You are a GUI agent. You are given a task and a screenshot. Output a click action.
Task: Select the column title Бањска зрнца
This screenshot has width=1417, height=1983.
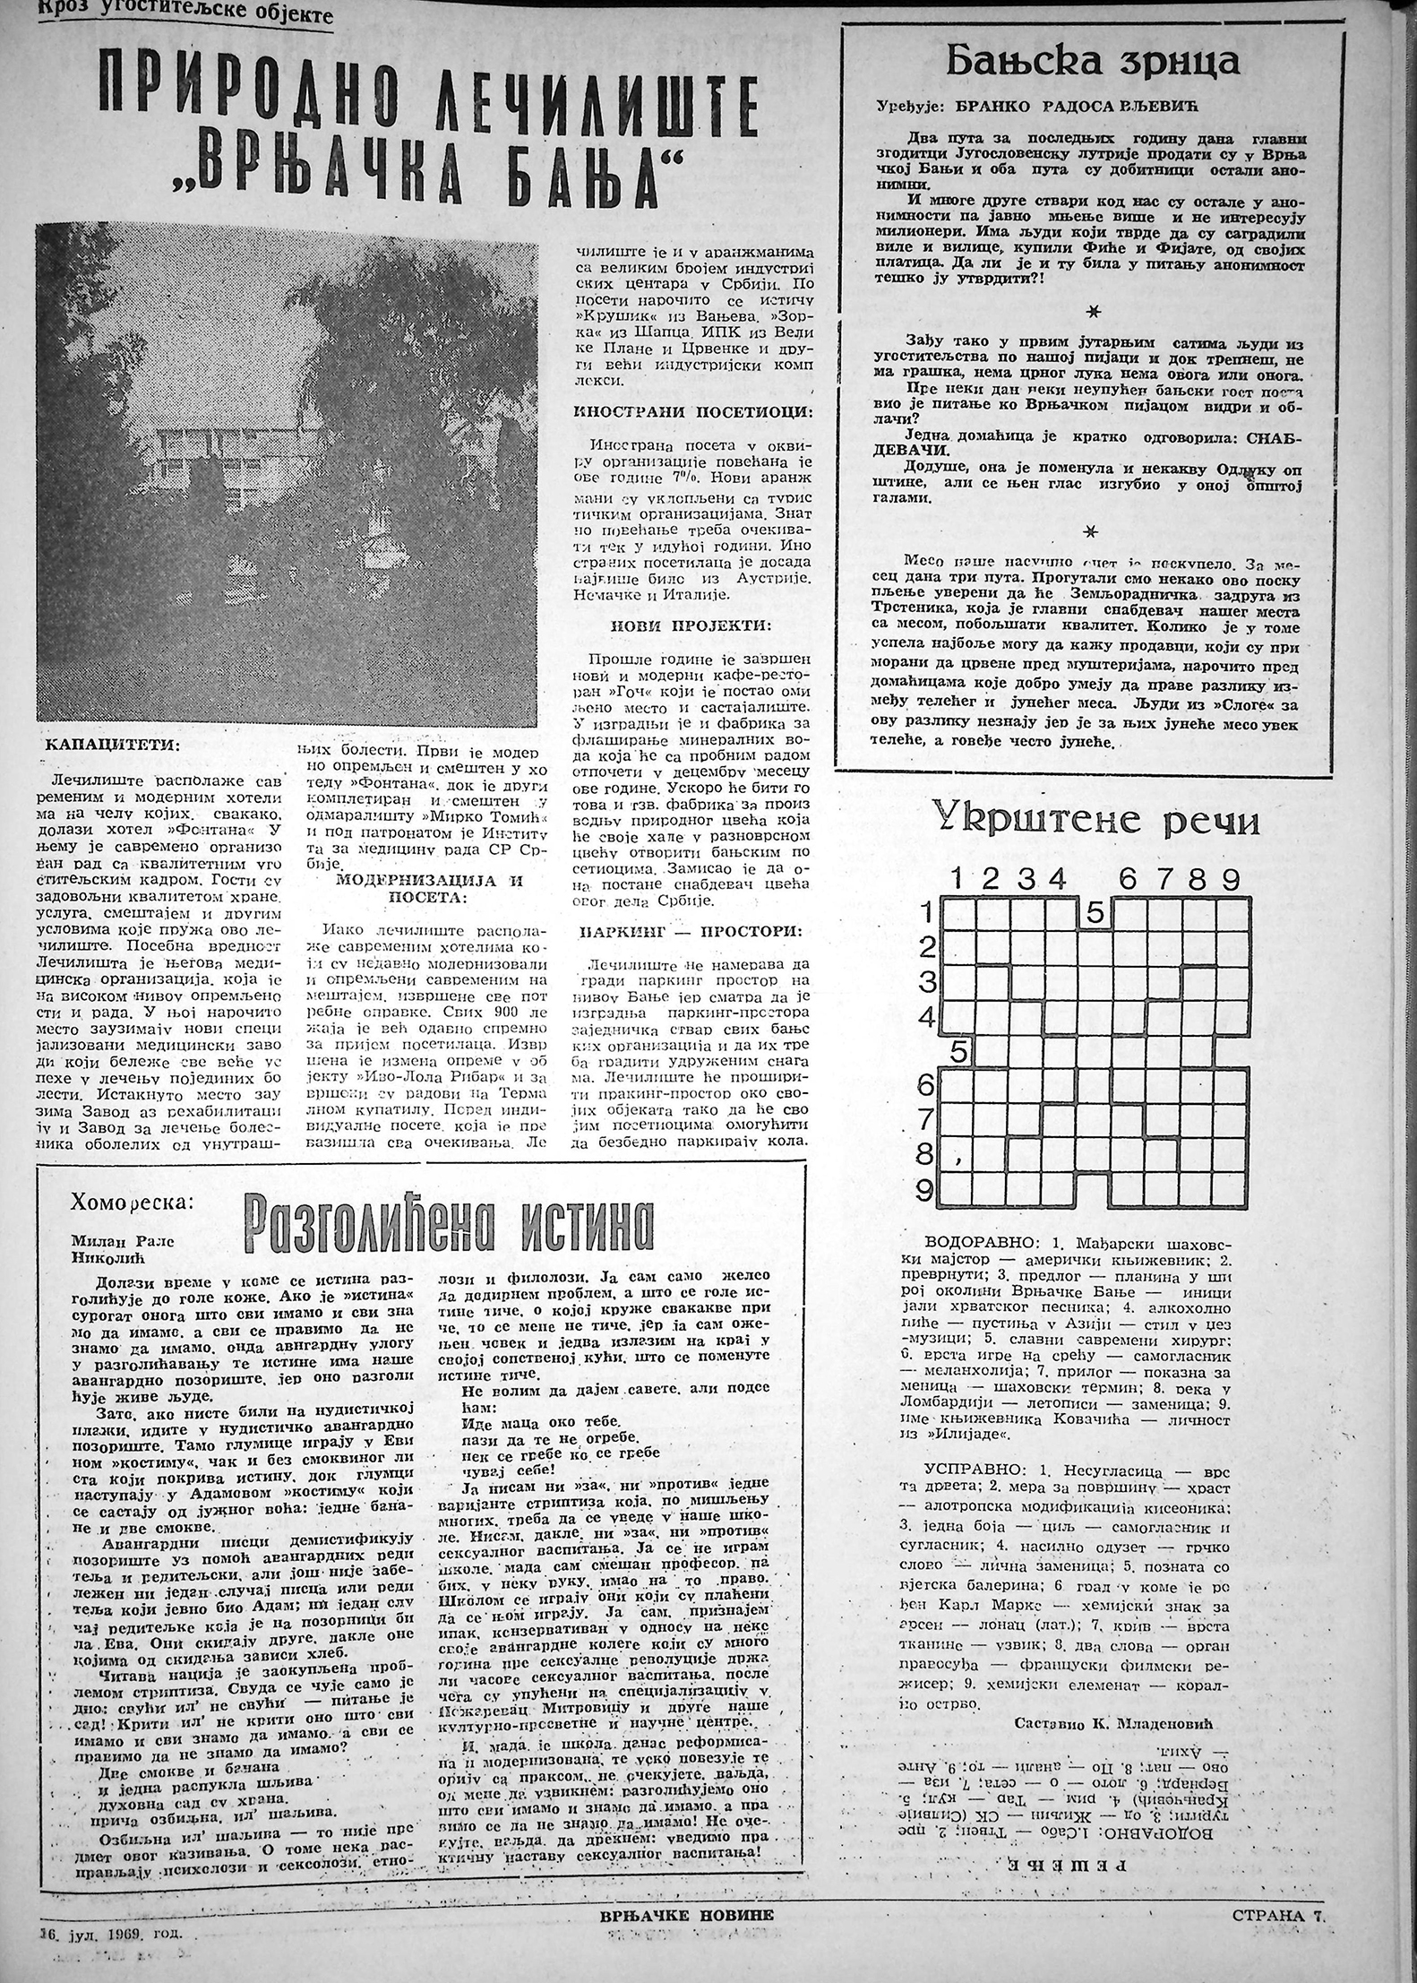point(1094,62)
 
